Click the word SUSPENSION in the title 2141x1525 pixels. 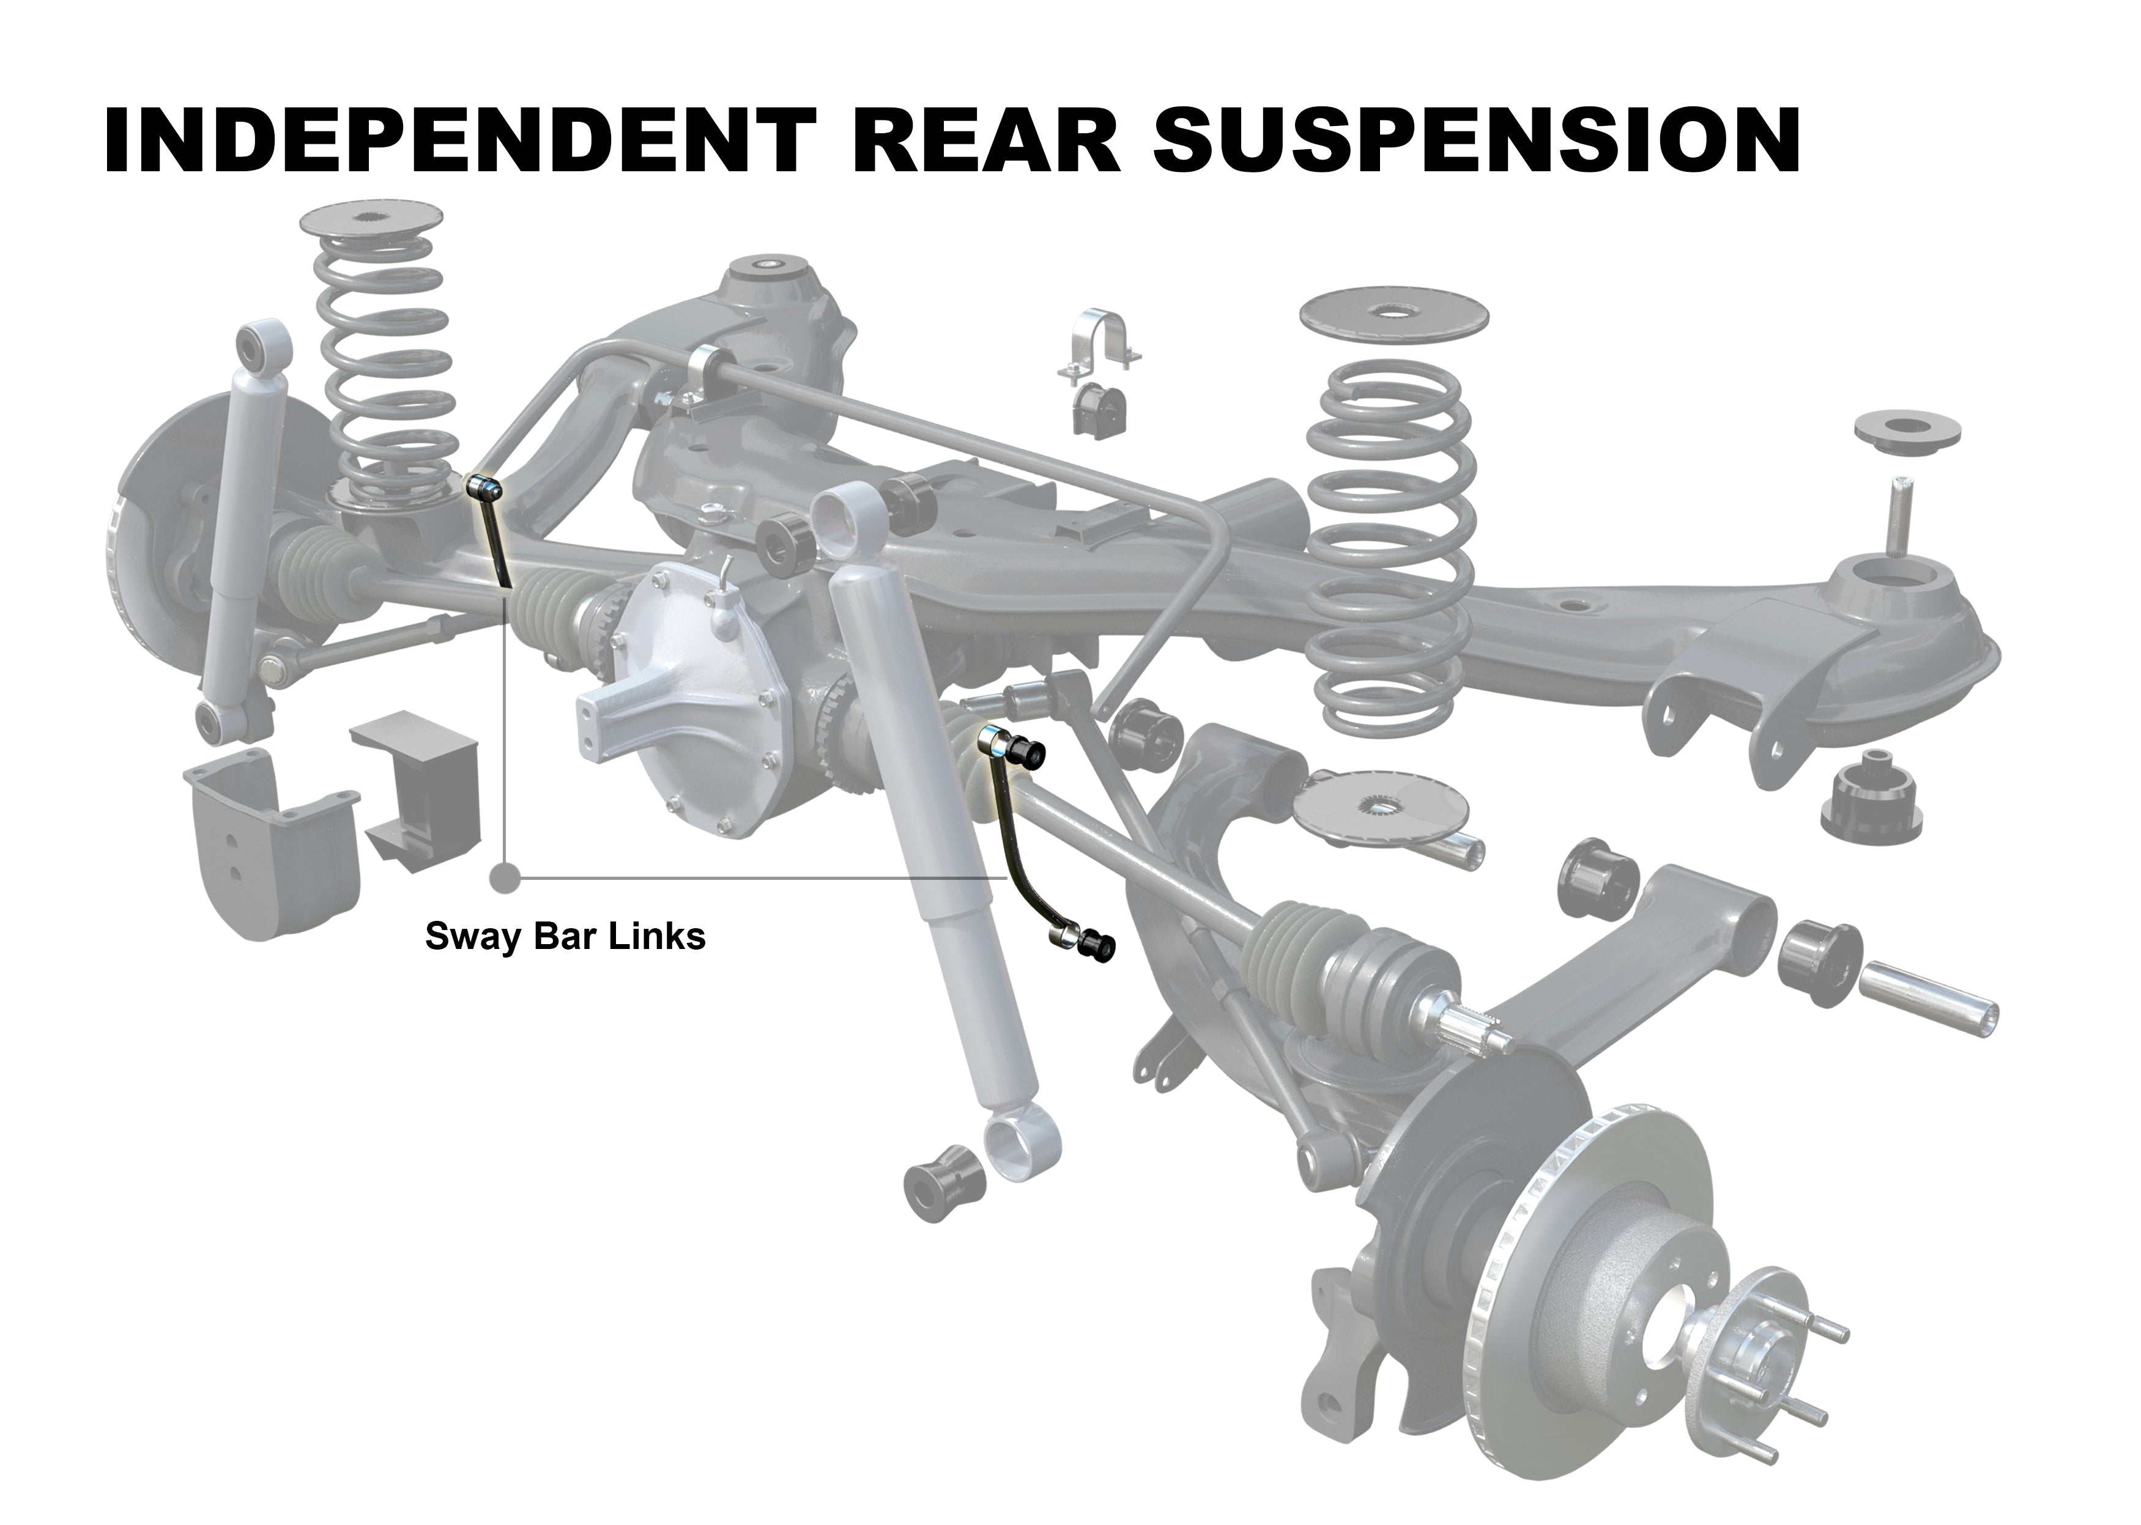click(x=1475, y=141)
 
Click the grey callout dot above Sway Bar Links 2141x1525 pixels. click(x=505, y=878)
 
